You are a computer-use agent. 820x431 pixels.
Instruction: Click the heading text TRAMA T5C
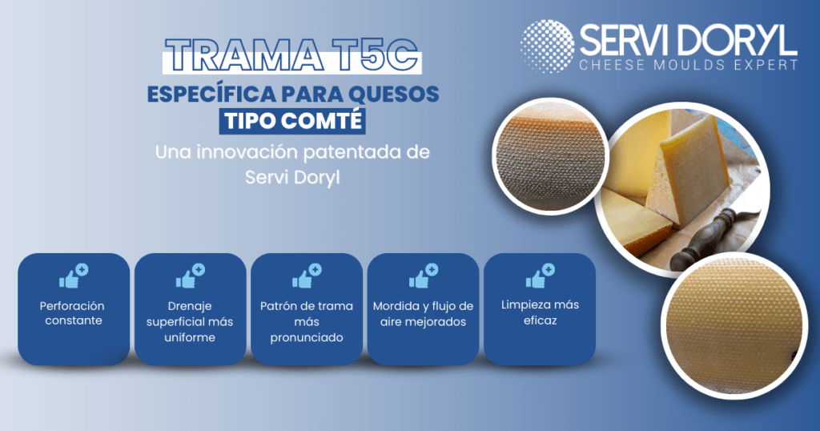(x=291, y=55)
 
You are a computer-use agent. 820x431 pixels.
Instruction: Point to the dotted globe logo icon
(x=547, y=46)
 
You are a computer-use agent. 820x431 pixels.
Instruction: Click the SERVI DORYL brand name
(x=688, y=40)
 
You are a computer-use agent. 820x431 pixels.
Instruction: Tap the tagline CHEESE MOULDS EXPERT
(x=688, y=66)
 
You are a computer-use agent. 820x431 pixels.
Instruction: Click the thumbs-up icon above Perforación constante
(x=73, y=276)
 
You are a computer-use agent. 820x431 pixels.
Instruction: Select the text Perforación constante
(x=73, y=313)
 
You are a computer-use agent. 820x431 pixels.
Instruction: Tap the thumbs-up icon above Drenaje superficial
(x=190, y=276)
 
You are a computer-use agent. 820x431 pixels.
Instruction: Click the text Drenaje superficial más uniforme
(x=189, y=322)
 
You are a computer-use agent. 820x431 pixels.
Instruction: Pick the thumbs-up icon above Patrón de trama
(x=307, y=276)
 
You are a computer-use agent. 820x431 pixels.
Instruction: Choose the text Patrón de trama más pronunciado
(x=307, y=322)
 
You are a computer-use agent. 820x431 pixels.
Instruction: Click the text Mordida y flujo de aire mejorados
(x=423, y=314)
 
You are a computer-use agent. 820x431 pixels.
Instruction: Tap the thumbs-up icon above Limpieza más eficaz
(x=540, y=276)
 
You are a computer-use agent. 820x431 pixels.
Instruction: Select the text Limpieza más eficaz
(x=540, y=312)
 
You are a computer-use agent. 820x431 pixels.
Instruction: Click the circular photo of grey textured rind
(x=549, y=156)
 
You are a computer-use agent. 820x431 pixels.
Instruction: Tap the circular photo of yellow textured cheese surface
(x=727, y=327)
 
